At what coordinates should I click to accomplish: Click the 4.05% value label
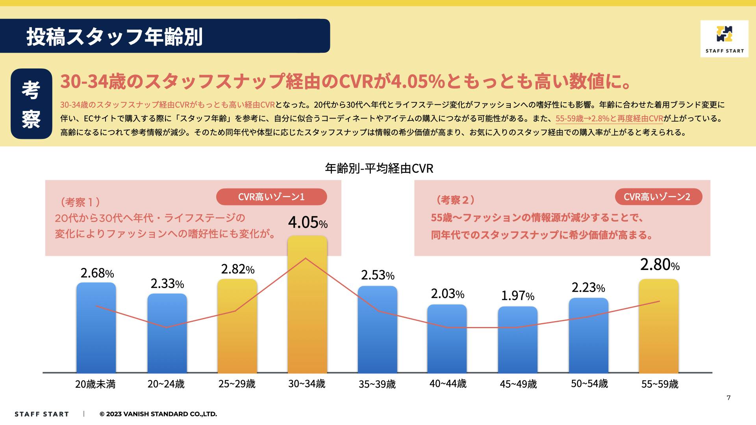coord(308,223)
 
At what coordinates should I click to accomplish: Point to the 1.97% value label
coord(517,296)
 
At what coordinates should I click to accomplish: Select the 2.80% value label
coord(660,265)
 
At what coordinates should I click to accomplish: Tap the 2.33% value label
coord(167,284)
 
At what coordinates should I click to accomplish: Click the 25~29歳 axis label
coord(237,384)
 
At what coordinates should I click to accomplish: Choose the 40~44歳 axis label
coord(448,384)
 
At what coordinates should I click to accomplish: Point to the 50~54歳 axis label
coord(589,384)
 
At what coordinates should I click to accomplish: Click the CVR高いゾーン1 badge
coord(271,197)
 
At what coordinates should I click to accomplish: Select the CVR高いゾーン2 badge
coord(658,197)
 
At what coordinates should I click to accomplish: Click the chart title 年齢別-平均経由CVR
coord(379,168)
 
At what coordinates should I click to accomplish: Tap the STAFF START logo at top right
coord(724,39)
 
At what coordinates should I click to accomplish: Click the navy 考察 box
coord(31,104)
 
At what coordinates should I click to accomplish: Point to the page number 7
coord(728,398)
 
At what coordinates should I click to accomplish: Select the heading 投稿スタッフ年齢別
coord(114,37)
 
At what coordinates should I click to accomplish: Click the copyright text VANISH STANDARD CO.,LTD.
coord(158,414)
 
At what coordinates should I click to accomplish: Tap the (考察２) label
coord(455,200)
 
